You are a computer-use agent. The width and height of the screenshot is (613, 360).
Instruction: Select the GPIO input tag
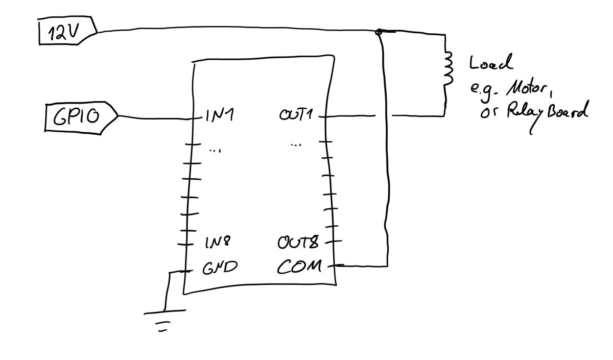[81, 117]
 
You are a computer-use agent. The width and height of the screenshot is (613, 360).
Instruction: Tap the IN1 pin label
[220, 115]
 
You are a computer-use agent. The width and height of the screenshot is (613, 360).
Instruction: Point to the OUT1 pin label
[296, 114]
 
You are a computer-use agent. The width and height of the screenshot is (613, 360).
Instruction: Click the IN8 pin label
[218, 243]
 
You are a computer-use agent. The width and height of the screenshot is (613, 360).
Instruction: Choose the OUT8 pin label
[298, 242]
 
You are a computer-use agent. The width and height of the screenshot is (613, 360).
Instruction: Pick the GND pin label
[220, 267]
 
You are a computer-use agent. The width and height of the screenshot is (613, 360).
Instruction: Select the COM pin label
[299, 266]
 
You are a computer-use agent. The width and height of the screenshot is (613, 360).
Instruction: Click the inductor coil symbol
[447, 68]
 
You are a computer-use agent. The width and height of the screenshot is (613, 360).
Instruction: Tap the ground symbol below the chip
[164, 320]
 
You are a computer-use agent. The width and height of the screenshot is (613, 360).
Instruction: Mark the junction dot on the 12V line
[379, 32]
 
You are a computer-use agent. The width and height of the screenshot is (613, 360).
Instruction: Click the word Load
[491, 62]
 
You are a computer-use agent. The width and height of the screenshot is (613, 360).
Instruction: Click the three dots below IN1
[215, 150]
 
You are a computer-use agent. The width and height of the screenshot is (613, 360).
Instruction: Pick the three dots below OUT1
[296, 145]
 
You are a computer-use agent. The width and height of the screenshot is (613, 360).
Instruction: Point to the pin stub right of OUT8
[333, 242]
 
